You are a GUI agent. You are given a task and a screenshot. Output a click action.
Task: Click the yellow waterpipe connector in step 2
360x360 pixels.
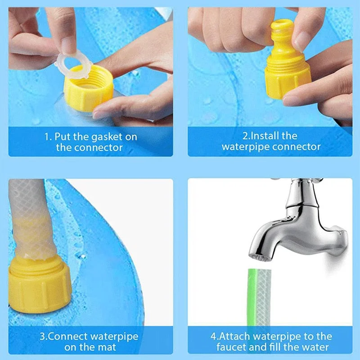click(285, 67)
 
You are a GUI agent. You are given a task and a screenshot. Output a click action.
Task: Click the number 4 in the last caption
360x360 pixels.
click(213, 336)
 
